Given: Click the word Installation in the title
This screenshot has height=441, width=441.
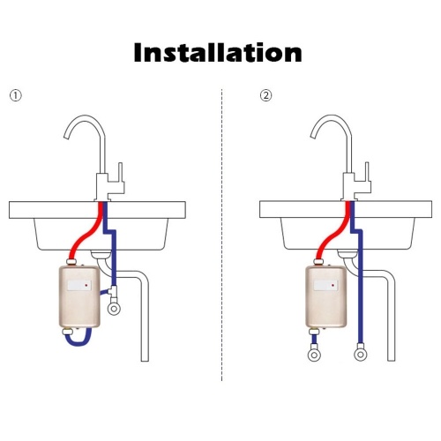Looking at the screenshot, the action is (x=218, y=52).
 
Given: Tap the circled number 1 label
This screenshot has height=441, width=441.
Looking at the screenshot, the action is (x=16, y=95).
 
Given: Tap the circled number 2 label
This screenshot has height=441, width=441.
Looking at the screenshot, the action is (x=266, y=95).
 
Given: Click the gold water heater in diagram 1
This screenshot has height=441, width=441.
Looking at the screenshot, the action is (x=79, y=296).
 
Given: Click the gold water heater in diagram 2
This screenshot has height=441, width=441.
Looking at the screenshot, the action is (x=326, y=296).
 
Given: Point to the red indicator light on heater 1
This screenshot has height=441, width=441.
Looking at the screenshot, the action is (x=86, y=285).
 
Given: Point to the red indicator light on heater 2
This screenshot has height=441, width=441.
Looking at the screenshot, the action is (x=333, y=285).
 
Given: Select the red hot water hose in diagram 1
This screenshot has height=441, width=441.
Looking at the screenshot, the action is (x=86, y=232).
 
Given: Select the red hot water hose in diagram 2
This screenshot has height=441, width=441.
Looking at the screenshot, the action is (x=333, y=232).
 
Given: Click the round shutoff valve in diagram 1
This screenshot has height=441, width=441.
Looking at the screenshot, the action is (x=114, y=309).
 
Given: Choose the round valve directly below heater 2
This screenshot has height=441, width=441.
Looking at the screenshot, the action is (x=314, y=355).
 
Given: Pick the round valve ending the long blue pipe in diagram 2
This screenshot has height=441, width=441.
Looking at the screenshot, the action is (x=361, y=355).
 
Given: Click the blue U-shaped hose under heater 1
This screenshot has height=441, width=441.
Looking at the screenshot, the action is (x=78, y=342).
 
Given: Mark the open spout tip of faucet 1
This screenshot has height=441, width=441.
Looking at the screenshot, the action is (x=67, y=136).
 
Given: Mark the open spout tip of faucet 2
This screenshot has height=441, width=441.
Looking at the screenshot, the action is (x=314, y=136).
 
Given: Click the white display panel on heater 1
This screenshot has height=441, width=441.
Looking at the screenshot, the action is (x=79, y=285).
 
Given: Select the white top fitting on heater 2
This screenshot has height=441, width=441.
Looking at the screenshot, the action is (x=318, y=261).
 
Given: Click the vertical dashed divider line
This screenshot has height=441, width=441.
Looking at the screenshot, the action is (x=222, y=235).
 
